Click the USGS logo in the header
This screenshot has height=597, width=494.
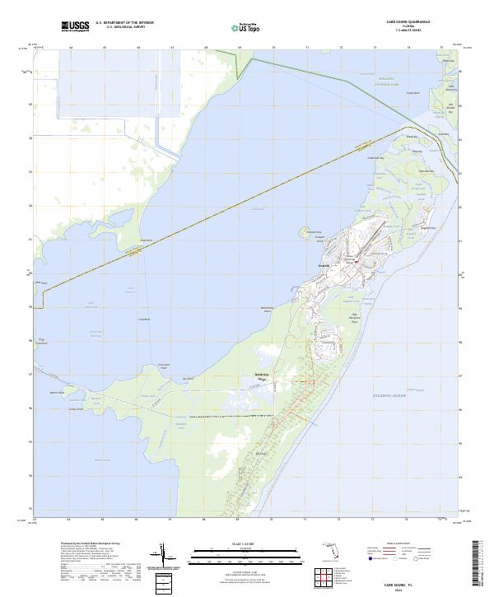[75, 26]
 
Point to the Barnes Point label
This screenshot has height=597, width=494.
[56, 393]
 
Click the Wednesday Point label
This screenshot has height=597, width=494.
[266, 309]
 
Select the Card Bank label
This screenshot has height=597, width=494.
[146, 240]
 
